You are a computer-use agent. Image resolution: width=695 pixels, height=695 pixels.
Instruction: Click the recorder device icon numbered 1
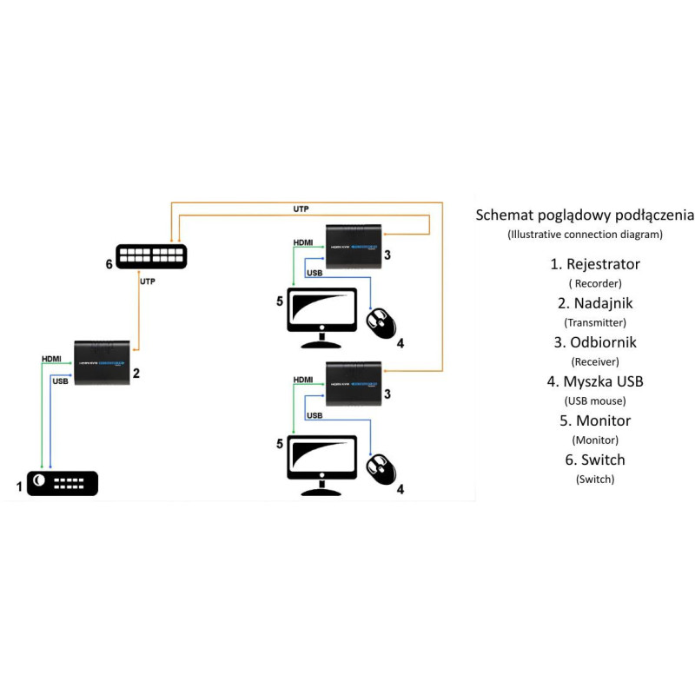click(63, 483)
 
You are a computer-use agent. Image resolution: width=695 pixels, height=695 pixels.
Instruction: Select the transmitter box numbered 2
click(102, 362)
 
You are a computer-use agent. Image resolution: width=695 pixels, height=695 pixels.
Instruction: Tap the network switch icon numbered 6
click(152, 256)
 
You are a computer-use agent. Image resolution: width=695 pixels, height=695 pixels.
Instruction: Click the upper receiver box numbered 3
click(353, 242)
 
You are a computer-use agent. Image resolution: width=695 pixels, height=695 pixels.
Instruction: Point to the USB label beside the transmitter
click(61, 381)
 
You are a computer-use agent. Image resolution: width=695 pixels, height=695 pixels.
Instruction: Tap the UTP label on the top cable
click(301, 208)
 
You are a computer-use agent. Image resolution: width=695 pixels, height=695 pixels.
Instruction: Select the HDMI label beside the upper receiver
click(303, 242)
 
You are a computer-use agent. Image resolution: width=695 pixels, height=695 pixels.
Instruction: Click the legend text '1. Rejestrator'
click(596, 263)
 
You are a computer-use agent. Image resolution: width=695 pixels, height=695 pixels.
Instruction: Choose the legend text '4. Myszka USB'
click(596, 381)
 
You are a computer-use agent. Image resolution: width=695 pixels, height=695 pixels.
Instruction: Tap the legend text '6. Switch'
click(596, 460)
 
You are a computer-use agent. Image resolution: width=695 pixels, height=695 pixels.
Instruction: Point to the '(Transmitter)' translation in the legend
click(596, 322)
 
